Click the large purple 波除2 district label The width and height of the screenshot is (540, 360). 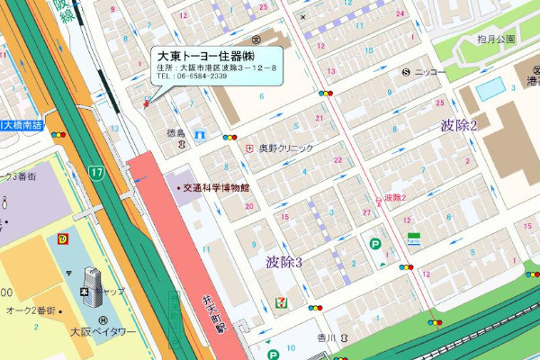point(459,125)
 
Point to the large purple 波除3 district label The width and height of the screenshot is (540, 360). point(283,262)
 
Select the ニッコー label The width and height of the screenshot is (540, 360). point(430,71)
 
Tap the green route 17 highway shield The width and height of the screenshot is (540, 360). point(95,171)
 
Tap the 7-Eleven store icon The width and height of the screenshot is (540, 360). point(283,294)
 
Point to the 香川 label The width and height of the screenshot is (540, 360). point(325,337)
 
